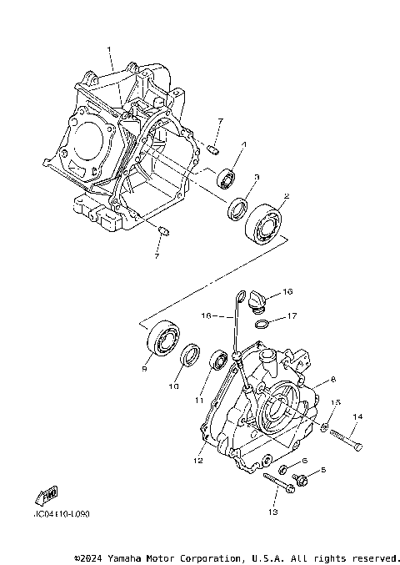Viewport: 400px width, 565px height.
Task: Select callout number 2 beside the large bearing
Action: (x=286, y=197)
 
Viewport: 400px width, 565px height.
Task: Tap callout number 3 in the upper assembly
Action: (x=257, y=177)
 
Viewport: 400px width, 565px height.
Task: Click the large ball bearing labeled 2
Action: (x=265, y=221)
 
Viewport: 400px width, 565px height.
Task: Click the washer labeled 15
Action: (x=325, y=429)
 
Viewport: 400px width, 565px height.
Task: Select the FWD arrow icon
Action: (x=47, y=496)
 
